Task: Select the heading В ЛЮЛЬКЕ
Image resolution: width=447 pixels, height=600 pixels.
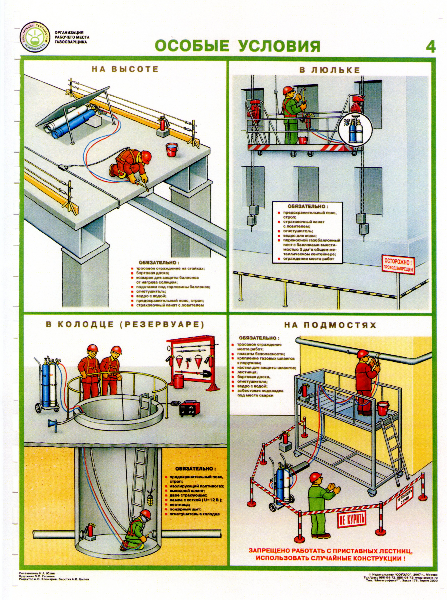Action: [x=330, y=70]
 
